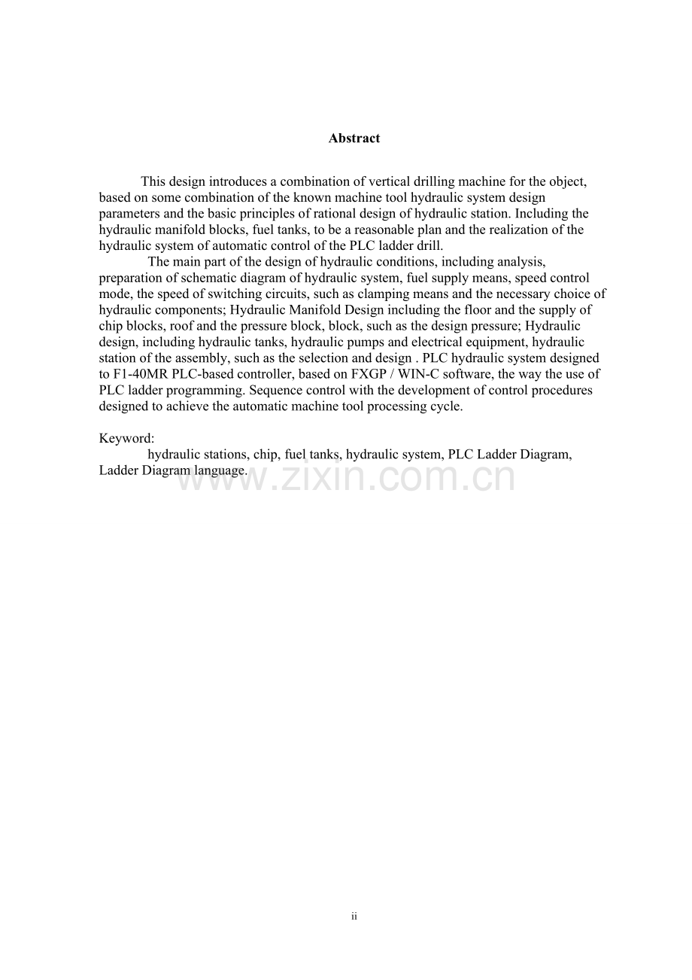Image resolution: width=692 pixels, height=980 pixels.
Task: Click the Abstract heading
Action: (x=354, y=138)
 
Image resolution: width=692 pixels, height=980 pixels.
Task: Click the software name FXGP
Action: (x=368, y=374)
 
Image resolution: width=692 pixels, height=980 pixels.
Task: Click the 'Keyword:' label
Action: (x=126, y=438)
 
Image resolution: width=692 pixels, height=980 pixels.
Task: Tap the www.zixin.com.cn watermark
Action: (x=345, y=478)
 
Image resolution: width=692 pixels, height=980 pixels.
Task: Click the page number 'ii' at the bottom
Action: (x=354, y=916)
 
